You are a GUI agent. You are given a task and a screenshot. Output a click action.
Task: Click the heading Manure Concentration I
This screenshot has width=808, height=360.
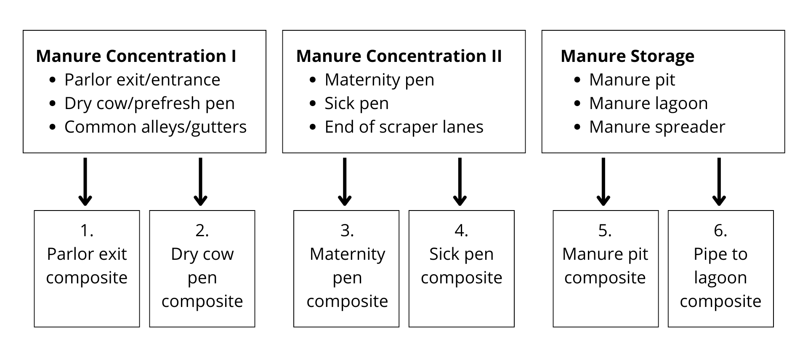pyautogui.click(x=136, y=56)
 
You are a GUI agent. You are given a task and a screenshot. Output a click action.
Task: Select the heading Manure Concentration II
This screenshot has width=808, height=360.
pyautogui.click(x=399, y=56)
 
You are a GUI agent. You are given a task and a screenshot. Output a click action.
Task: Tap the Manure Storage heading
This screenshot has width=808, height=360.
pyautogui.click(x=627, y=56)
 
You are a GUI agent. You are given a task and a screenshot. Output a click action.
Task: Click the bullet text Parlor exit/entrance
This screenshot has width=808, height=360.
pyautogui.click(x=142, y=80)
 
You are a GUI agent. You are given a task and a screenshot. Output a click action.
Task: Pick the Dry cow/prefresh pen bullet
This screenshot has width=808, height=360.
pyautogui.click(x=149, y=104)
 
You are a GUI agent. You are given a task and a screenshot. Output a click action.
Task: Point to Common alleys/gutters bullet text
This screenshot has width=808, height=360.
pyautogui.click(x=155, y=127)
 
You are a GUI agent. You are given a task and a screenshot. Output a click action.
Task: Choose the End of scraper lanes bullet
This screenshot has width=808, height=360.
pyautogui.click(x=404, y=127)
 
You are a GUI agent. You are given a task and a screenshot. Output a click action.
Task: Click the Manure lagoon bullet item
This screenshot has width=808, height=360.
pyautogui.click(x=648, y=104)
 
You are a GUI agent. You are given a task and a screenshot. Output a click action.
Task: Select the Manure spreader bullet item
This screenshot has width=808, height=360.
pyautogui.click(x=657, y=127)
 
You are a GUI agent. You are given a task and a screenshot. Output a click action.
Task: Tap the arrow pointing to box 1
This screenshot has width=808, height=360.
pyautogui.click(x=85, y=182)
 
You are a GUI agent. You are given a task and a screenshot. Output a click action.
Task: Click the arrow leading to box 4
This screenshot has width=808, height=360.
pyautogui.click(x=460, y=182)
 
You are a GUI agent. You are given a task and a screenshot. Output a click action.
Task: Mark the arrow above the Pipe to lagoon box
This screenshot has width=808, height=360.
pyautogui.click(x=719, y=182)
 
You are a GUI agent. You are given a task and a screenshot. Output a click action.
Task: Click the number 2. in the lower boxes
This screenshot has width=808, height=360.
pyautogui.click(x=202, y=231)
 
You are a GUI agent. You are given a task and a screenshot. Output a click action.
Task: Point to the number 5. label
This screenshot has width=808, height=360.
pyautogui.click(x=605, y=231)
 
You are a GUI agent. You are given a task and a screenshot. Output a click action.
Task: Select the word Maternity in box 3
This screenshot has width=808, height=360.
pyautogui.click(x=347, y=254)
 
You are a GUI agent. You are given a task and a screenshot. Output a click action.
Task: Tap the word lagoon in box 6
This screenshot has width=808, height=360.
pyautogui.click(x=720, y=278)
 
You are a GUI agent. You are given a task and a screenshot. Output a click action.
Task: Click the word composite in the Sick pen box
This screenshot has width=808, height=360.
pyautogui.click(x=461, y=278)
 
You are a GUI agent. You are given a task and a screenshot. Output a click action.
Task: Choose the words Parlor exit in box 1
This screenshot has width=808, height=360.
pyautogui.click(x=87, y=254)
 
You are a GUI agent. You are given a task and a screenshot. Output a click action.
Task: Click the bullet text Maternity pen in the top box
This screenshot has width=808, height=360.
pyautogui.click(x=379, y=80)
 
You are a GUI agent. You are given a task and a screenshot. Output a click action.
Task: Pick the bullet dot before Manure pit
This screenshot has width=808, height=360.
pyautogui.click(x=577, y=80)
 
